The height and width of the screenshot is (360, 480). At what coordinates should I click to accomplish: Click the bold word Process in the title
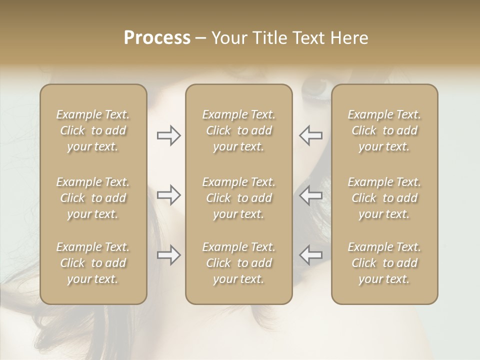coord(157,38)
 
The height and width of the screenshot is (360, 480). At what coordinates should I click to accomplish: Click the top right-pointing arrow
coord(168,135)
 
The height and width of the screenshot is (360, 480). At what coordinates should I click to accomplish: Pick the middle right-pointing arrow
coord(168,195)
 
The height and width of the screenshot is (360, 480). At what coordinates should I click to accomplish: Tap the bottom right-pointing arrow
coord(168,255)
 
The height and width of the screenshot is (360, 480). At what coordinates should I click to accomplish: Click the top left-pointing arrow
coord(310,135)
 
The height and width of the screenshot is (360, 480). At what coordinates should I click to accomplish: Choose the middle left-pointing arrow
coord(310,195)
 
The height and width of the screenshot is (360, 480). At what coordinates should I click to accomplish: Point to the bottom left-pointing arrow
coord(310,255)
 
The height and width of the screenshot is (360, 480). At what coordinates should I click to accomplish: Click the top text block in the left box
coord(93,130)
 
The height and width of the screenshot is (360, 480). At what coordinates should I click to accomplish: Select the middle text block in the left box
coord(93,198)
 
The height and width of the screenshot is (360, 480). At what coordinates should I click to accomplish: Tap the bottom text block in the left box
coord(93,263)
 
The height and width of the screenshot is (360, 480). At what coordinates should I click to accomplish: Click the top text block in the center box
coord(238,130)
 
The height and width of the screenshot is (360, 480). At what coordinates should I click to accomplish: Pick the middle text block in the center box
coord(238,198)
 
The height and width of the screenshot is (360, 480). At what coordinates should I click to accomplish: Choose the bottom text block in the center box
coord(238,263)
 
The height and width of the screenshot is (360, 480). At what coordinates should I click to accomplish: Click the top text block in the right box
coord(384,130)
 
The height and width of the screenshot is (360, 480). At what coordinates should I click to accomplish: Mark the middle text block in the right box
coord(384,198)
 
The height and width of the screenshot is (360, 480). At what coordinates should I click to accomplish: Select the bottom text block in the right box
coord(384,263)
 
